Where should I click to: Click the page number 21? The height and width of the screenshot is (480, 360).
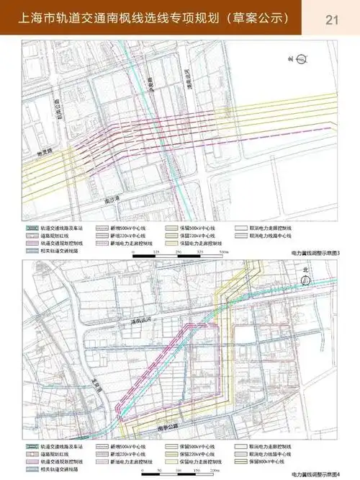332,19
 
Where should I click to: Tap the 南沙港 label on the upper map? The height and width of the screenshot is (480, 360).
111,196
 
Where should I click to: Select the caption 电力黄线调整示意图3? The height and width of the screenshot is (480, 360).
315,254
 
